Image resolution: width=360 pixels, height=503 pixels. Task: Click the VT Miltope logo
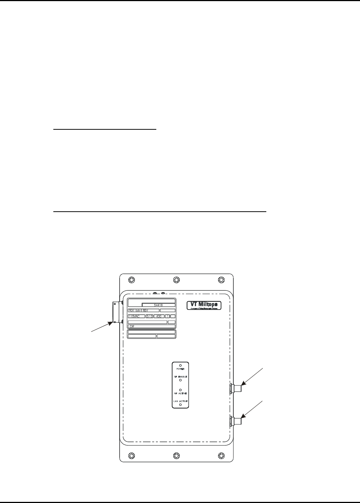click(204, 305)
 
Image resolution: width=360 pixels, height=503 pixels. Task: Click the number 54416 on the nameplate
click(159, 305)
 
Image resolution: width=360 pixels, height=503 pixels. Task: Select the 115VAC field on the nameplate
click(136, 316)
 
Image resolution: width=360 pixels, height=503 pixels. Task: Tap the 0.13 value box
click(149, 316)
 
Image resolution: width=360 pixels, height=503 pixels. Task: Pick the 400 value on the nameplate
click(159, 316)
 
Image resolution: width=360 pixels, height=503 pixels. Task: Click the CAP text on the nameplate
click(132, 327)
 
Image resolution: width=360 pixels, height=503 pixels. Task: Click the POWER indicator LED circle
click(180, 365)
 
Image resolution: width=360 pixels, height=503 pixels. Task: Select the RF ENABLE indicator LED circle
click(180, 380)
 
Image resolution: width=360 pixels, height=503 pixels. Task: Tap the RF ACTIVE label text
click(180, 394)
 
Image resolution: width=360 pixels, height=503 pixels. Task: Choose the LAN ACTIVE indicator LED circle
click(180, 405)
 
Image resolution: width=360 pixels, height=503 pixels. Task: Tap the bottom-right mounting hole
click(221, 455)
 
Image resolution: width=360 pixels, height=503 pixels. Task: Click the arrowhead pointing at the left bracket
click(110, 324)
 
